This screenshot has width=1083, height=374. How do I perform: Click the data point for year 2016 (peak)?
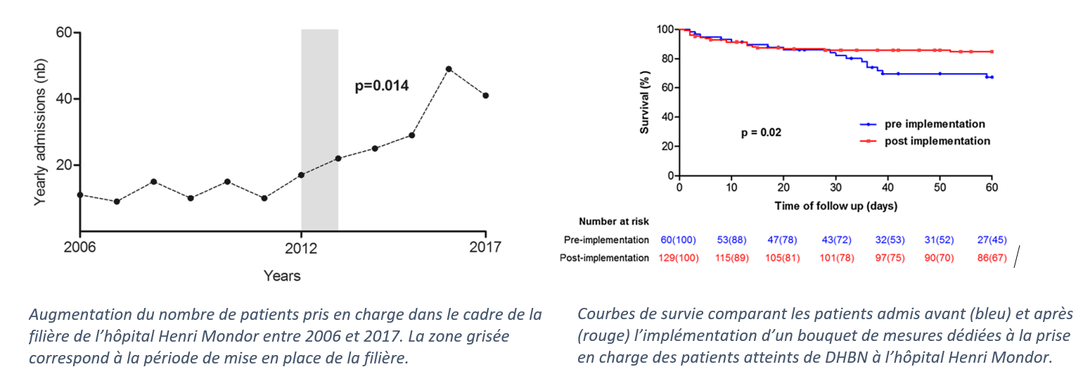[x=449, y=69]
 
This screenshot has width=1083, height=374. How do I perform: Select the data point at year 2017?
[x=485, y=96]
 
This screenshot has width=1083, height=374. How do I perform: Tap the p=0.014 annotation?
[x=381, y=86]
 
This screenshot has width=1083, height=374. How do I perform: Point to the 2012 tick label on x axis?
[x=301, y=247]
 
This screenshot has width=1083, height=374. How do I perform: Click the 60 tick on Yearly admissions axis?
[x=64, y=32]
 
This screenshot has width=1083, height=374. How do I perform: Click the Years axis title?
[x=282, y=276]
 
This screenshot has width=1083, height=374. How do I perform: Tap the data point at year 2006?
[x=80, y=194]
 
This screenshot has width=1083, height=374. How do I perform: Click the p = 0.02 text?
[x=761, y=132]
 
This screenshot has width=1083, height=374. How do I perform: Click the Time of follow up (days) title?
[x=835, y=206]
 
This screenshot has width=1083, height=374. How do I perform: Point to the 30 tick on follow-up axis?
[x=835, y=188]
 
